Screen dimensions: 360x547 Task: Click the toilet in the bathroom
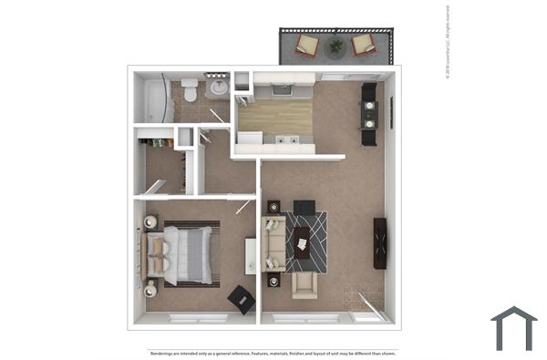coord(190,89)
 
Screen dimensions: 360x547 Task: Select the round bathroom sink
coord(218,88)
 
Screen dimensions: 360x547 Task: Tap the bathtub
coord(155,98)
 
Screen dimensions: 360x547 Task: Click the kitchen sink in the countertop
coord(288,140)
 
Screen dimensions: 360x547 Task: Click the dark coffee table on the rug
coord(302,241)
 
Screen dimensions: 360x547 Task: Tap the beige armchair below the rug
coord(304,285)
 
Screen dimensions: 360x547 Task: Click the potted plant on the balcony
coord(336,45)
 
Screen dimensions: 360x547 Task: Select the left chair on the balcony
coord(308,44)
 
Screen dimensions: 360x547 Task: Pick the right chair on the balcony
coord(364,44)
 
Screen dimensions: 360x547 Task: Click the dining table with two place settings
coord(368,113)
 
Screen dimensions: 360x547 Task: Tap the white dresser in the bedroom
coord(250,255)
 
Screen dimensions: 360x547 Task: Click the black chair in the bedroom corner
coord(242,298)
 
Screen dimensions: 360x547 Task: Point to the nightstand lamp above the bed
coord(151,221)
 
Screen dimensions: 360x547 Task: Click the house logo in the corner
coord(513,328)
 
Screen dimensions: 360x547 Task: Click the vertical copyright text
coord(449,43)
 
